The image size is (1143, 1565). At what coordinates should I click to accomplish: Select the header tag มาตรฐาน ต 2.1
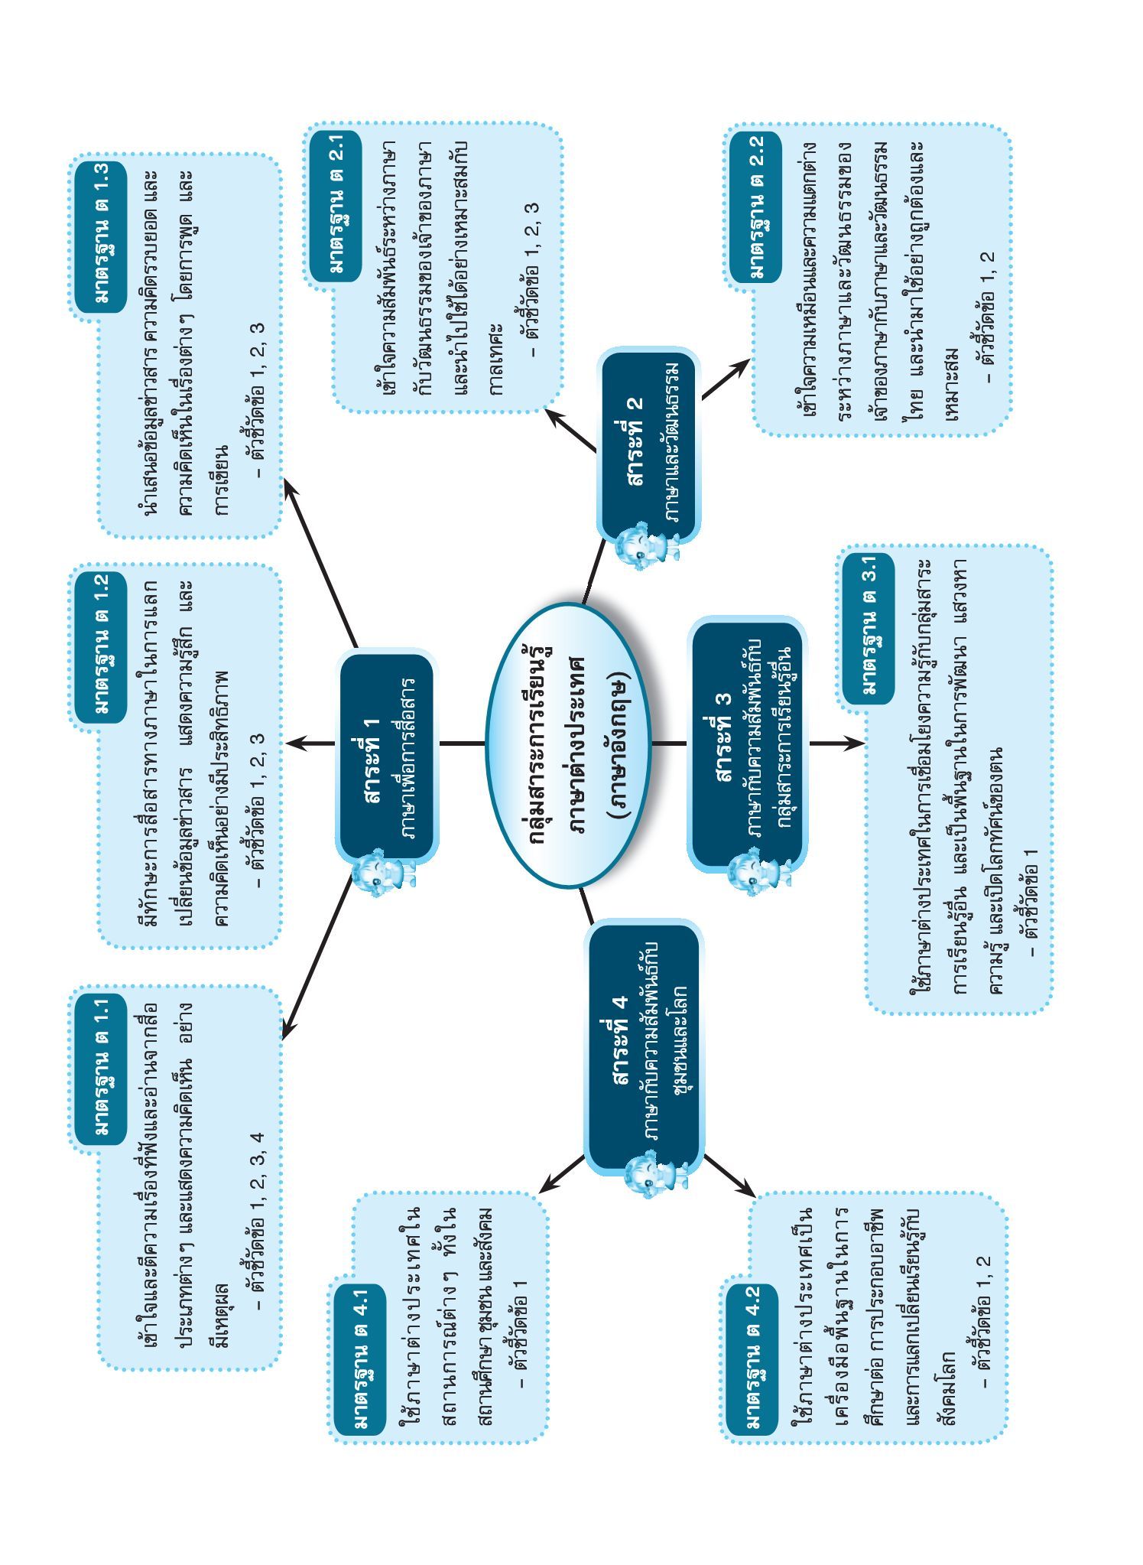pyautogui.click(x=336, y=203)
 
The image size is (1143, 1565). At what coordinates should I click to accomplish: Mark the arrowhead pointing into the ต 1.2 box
pyautogui.click(x=295, y=743)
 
